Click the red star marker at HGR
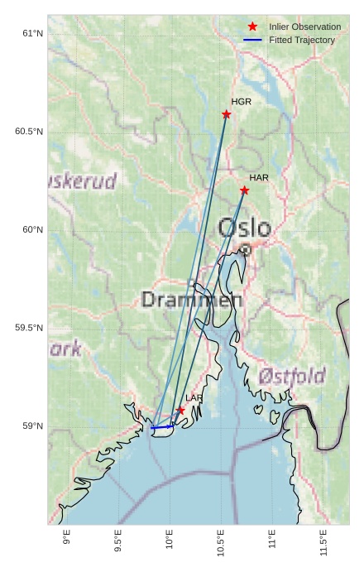226,114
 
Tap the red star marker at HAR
244,190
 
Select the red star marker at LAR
180,410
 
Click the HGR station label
241,102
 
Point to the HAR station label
259,178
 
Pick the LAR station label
194,398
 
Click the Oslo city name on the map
244,228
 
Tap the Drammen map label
192,300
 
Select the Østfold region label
291,377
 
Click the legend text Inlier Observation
304,27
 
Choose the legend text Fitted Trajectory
302,40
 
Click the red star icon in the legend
252,27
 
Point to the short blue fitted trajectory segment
161,427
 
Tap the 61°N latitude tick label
31,33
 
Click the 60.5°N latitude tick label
29,132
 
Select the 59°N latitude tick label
31,426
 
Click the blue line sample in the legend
252,40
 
